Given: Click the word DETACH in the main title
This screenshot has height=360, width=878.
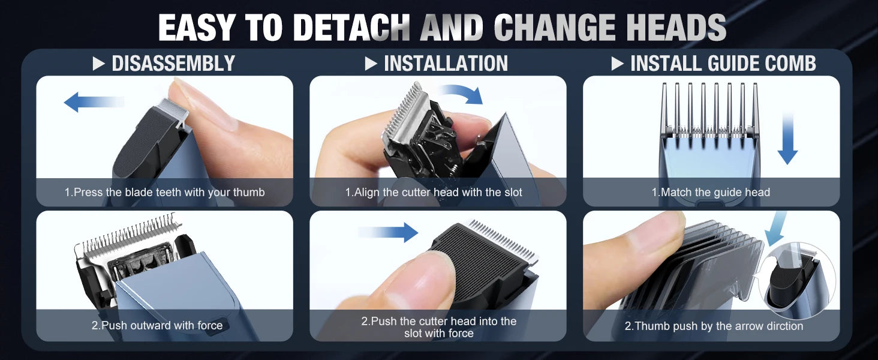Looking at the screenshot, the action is [351, 28].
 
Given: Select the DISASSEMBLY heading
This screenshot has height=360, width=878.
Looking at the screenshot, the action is [173, 64].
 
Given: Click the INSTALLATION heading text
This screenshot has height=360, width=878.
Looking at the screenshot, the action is [446, 64].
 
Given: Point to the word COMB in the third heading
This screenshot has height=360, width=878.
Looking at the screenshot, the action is [790, 64].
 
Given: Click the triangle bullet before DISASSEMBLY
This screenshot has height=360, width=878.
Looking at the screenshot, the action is [99, 64].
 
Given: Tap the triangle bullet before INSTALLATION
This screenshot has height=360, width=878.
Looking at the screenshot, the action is [371, 64].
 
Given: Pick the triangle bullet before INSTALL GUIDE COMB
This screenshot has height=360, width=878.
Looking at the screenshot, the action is [617, 64].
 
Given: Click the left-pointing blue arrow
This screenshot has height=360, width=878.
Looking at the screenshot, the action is [94, 102].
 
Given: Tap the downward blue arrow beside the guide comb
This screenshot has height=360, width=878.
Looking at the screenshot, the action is [787, 139].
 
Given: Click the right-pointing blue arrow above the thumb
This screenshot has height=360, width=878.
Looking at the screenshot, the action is [388, 232].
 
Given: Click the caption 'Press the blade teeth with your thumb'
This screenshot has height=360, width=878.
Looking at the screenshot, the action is [164, 192].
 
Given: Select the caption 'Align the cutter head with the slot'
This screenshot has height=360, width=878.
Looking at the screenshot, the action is [434, 192].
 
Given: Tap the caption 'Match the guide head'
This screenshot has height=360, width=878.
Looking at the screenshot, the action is [711, 192].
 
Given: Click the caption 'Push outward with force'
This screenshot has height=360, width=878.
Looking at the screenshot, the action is [157, 325].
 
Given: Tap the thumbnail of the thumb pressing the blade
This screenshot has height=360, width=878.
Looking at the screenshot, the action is [164, 141].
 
